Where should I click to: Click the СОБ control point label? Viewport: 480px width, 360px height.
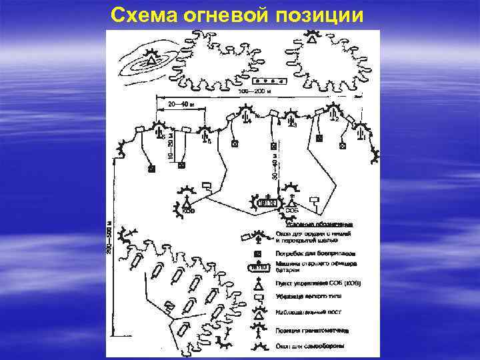(291, 211)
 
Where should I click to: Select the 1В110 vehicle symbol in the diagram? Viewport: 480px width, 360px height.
(265, 201)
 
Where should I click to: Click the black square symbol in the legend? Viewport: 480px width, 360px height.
(257, 255)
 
